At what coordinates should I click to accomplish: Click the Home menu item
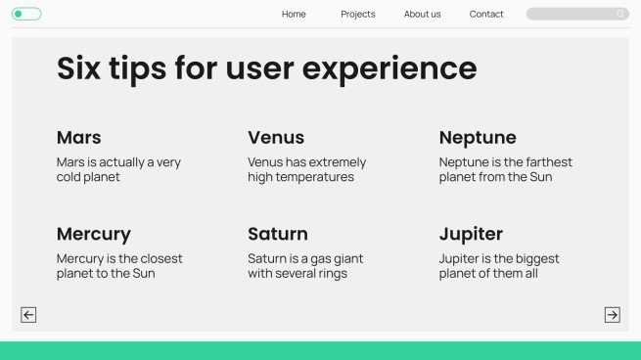click(294, 14)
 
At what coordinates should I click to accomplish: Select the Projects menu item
click(358, 14)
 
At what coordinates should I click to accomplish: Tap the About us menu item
click(423, 14)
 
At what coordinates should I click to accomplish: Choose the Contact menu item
click(486, 14)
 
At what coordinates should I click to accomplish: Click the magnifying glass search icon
click(620, 14)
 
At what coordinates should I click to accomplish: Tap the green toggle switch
click(26, 14)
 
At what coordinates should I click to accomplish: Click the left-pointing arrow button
click(28, 314)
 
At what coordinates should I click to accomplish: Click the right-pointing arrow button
click(612, 314)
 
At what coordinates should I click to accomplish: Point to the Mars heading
click(78, 137)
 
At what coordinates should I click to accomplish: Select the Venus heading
click(276, 137)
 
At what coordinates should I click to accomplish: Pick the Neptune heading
click(478, 137)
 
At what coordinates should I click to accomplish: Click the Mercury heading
click(93, 234)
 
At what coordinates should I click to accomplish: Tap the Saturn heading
click(278, 234)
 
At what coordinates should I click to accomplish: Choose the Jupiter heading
click(471, 234)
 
